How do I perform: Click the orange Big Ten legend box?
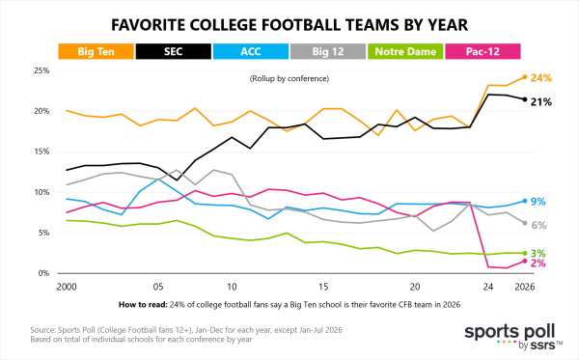pyautogui.click(x=96, y=51)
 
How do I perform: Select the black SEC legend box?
pyautogui.click(x=174, y=51)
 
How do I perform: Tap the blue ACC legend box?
pyautogui.click(x=251, y=51)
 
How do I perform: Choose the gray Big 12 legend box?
pyautogui.click(x=328, y=51)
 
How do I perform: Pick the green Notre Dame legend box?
pyautogui.click(x=405, y=51)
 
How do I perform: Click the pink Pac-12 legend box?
pyautogui.click(x=482, y=51)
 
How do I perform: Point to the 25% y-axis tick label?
pyautogui.click(x=41, y=70)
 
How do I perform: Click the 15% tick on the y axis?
pyautogui.click(x=41, y=152)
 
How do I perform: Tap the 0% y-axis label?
pyautogui.click(x=43, y=273)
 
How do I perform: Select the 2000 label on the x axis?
pyautogui.click(x=67, y=287)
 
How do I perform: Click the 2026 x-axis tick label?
pyautogui.click(x=525, y=287)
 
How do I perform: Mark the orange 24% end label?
pyautogui.click(x=541, y=78)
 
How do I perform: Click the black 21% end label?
pyautogui.click(x=541, y=102)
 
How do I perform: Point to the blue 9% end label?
pyautogui.click(x=538, y=202)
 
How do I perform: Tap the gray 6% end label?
pyautogui.click(x=538, y=225)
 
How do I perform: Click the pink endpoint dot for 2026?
pyautogui.click(x=525, y=261)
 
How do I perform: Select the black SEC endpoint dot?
pyautogui.click(x=525, y=99)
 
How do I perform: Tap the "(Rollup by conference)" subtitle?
pyautogui.click(x=289, y=78)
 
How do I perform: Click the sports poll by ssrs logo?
pyautogui.click(x=513, y=337)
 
